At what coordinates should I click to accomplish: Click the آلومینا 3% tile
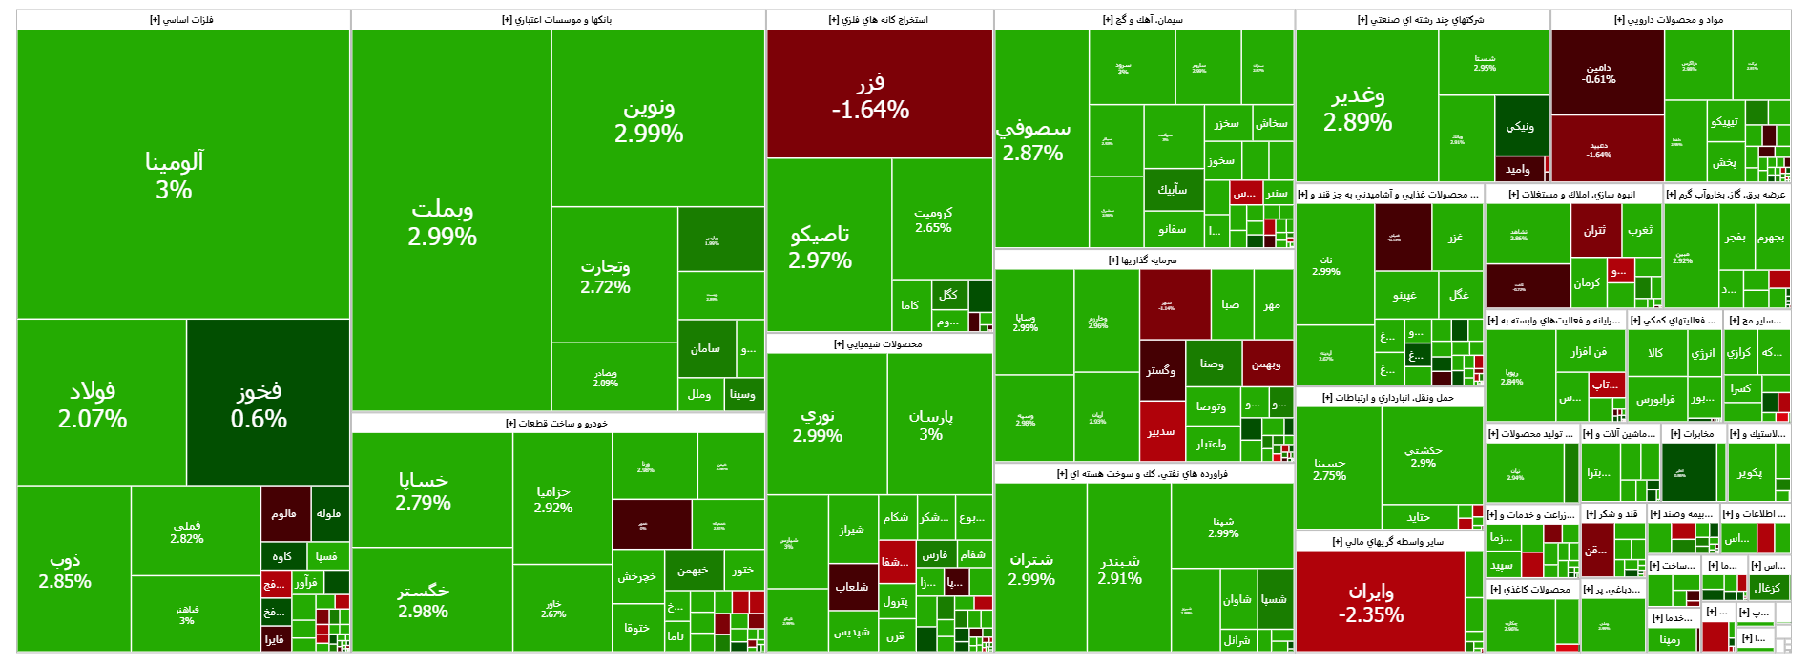175,175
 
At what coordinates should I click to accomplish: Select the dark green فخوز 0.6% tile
259,404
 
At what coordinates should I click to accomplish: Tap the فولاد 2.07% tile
93,404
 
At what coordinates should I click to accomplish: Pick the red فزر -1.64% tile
870,95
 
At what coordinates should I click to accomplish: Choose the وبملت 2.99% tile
442,221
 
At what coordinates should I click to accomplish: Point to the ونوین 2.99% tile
649,120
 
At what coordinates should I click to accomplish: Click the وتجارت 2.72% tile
605,276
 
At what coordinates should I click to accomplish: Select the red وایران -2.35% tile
1371,602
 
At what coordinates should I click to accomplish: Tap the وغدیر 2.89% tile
1358,109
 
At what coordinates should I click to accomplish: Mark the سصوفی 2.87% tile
1033,139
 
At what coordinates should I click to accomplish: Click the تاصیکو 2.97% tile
821,246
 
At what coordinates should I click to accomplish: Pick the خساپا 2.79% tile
423,490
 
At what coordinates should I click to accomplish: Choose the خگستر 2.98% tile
423,600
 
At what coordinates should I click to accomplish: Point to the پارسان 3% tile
930,425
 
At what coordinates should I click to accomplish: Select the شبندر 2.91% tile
1120,570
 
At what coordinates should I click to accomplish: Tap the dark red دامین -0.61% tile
1598,73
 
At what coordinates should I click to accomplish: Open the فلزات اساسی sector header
181,20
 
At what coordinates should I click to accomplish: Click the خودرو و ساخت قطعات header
557,424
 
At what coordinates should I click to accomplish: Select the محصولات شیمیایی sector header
879,344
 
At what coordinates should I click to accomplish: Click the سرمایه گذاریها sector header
1143,260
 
